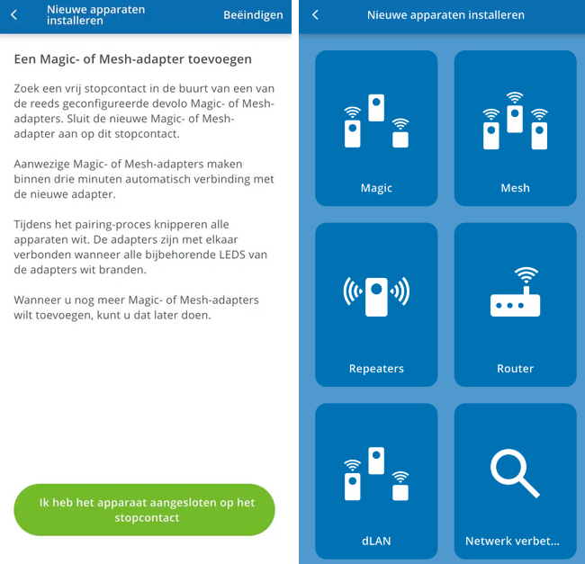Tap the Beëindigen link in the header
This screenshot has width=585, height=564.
253,15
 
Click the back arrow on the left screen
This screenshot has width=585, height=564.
13,15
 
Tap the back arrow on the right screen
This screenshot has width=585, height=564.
315,15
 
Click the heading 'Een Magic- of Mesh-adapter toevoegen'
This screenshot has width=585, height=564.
132,59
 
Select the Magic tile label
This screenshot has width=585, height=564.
376,188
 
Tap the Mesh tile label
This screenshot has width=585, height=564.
515,188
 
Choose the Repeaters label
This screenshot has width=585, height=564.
376,368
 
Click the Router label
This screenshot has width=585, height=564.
515,368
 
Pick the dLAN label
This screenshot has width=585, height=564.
376,541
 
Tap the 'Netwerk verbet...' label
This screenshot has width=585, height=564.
512,541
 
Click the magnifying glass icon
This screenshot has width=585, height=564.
514,473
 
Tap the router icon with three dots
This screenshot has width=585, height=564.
515,292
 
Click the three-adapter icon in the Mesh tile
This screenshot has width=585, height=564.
515,121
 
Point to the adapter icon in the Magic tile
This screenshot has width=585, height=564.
376,122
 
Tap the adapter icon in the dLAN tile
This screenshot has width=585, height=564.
376,474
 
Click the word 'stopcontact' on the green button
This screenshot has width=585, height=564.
147,517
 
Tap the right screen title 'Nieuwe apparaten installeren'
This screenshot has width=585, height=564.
445,15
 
